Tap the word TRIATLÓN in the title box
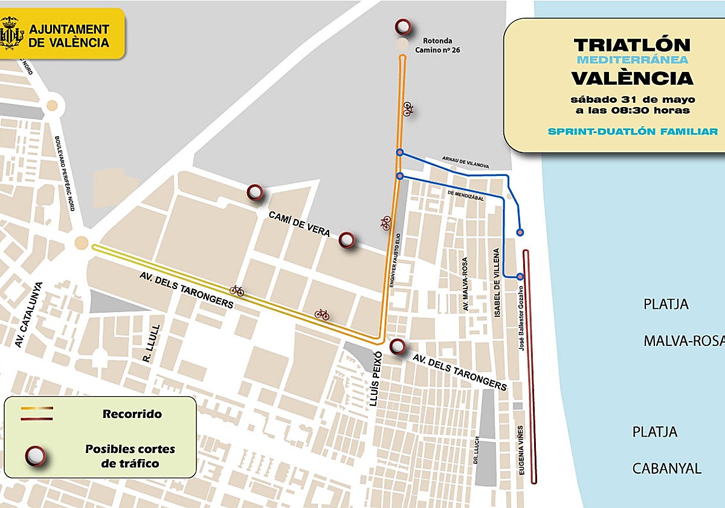[x=632, y=45]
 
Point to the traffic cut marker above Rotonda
[x=403, y=27]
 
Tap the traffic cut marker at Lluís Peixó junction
[x=397, y=347]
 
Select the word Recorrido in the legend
[x=132, y=414]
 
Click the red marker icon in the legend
[x=36, y=456]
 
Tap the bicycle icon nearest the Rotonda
[x=409, y=109]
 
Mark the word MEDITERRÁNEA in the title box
[x=632, y=60]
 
